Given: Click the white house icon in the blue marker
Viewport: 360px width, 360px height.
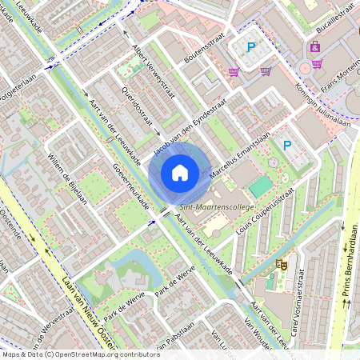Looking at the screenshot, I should click(x=179, y=173).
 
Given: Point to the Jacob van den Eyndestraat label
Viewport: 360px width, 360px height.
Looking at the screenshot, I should click(x=186, y=129).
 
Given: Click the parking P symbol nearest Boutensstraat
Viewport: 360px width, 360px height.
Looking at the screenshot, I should click(x=250, y=48).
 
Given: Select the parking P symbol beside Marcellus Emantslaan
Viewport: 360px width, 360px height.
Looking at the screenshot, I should click(x=287, y=146).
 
